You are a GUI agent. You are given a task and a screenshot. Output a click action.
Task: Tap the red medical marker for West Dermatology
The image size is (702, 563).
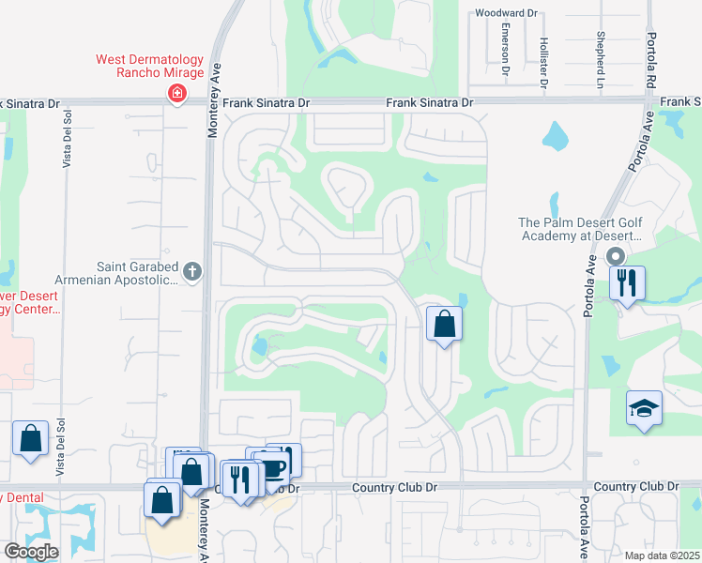click(x=175, y=93)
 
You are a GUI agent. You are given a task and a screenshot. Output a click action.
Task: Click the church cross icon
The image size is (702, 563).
click(x=192, y=272)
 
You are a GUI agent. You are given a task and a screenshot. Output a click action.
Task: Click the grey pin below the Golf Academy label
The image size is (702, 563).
click(x=616, y=256)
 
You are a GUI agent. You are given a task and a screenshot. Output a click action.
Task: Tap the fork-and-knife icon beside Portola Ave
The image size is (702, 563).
click(x=627, y=282)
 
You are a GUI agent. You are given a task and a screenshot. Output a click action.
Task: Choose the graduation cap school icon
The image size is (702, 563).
click(x=644, y=408)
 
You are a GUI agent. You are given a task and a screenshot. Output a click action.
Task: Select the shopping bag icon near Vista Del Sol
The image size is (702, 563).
click(x=30, y=438)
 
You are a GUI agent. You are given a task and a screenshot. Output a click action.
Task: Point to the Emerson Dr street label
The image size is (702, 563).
click(x=505, y=49)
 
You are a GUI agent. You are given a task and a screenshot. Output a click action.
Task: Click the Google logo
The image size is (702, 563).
click(x=30, y=551)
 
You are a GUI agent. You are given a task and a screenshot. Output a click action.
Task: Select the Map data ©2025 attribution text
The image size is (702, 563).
click(x=662, y=555)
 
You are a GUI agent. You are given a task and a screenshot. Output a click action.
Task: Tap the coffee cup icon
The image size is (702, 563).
click(x=271, y=467)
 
